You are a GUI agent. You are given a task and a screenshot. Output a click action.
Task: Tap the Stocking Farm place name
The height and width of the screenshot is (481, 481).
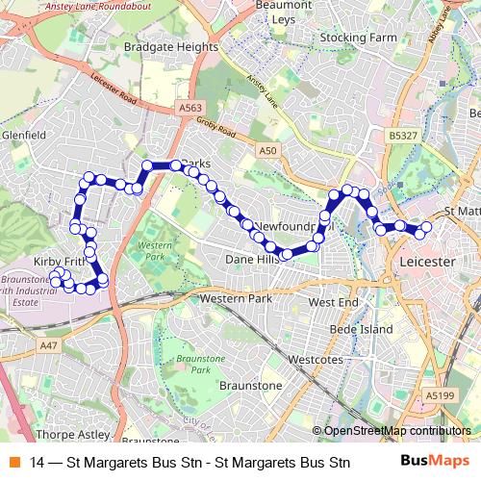[358, 38]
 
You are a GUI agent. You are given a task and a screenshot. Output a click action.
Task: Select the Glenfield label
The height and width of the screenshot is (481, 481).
[24, 136]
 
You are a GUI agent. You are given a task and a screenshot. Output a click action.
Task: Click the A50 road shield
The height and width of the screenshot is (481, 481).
[268, 150]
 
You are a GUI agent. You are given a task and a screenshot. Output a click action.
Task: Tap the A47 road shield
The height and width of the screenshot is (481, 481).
[49, 344]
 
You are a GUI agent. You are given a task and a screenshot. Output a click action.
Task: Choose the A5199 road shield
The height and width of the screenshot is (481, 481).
[438, 394]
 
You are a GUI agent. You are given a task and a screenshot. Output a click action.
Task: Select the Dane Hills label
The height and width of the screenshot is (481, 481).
[251, 260]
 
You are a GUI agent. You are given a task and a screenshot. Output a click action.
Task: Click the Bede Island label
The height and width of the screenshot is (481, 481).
[361, 329]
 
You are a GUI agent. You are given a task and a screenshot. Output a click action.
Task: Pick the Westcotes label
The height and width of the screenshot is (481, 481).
[316, 361]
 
